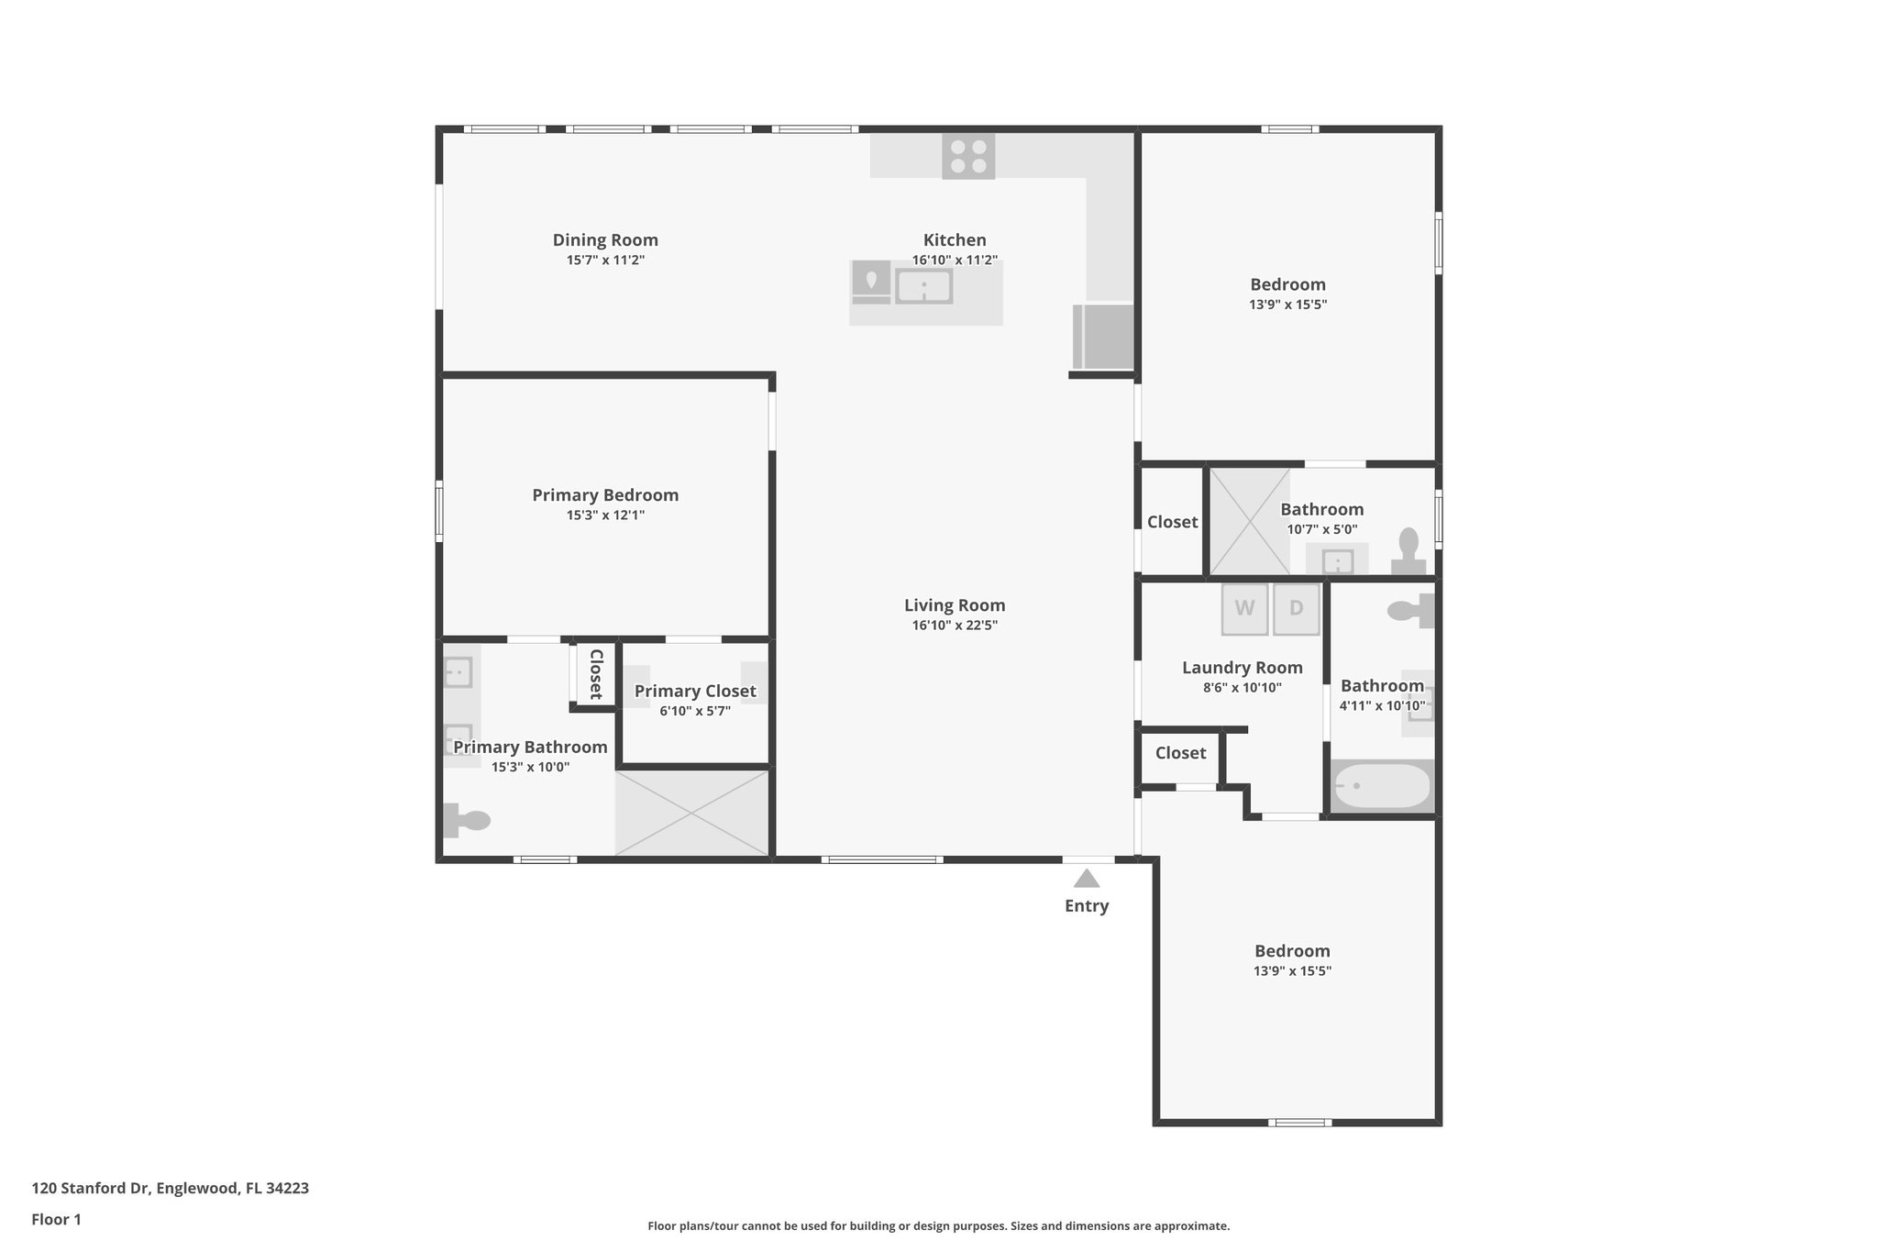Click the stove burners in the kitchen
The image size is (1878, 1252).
(968, 157)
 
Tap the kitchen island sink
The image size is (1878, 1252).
(924, 286)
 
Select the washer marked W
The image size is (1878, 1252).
(1244, 608)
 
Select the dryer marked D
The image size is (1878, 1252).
(1296, 608)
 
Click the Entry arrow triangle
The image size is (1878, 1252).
(1087, 879)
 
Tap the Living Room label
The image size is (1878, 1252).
(955, 605)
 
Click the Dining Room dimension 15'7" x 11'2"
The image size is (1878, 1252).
(605, 260)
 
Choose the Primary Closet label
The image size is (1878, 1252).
(695, 692)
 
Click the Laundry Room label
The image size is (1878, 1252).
(1242, 668)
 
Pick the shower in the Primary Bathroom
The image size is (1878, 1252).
(691, 814)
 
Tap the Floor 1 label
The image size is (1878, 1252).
(56, 1220)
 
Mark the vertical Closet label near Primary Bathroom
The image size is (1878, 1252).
(595, 674)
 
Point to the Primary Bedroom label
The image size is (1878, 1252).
(605, 495)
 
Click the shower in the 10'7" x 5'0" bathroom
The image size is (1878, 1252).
(1250, 521)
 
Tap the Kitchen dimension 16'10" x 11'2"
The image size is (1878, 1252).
(955, 260)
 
